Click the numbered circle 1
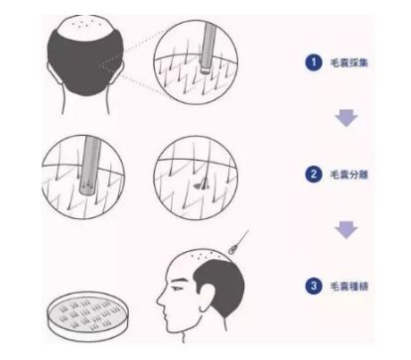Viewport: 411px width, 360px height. tap(314, 62)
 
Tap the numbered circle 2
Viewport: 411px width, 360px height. tap(314, 174)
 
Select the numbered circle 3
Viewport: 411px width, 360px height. tap(314, 286)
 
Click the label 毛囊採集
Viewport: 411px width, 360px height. tap(349, 62)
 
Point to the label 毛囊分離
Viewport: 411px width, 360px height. tap(349, 175)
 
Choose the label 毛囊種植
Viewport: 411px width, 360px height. tap(349, 286)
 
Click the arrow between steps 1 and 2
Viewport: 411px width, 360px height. tap(346, 118)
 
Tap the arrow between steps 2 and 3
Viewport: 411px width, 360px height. tap(346, 230)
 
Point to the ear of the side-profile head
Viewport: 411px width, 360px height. tap(207, 299)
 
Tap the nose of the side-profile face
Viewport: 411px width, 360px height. tap(161, 299)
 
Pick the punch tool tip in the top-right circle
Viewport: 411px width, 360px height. tap(205, 68)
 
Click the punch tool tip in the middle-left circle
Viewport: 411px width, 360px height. tap(87, 187)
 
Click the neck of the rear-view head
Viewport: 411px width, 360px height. tap(85, 101)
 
